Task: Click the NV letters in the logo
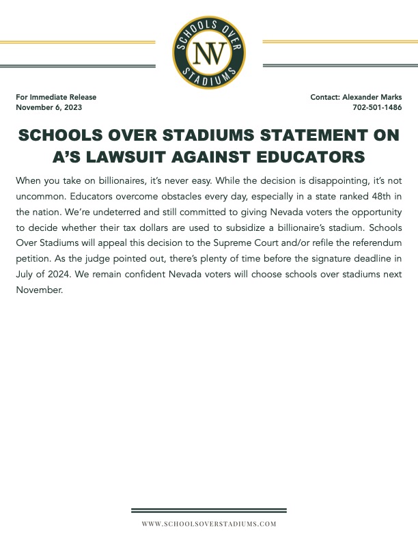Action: click(x=209, y=52)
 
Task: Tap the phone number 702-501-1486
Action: click(x=377, y=108)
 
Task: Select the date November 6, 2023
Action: click(x=51, y=108)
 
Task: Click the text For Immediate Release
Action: click(x=56, y=97)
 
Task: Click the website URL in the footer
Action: click(x=209, y=523)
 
